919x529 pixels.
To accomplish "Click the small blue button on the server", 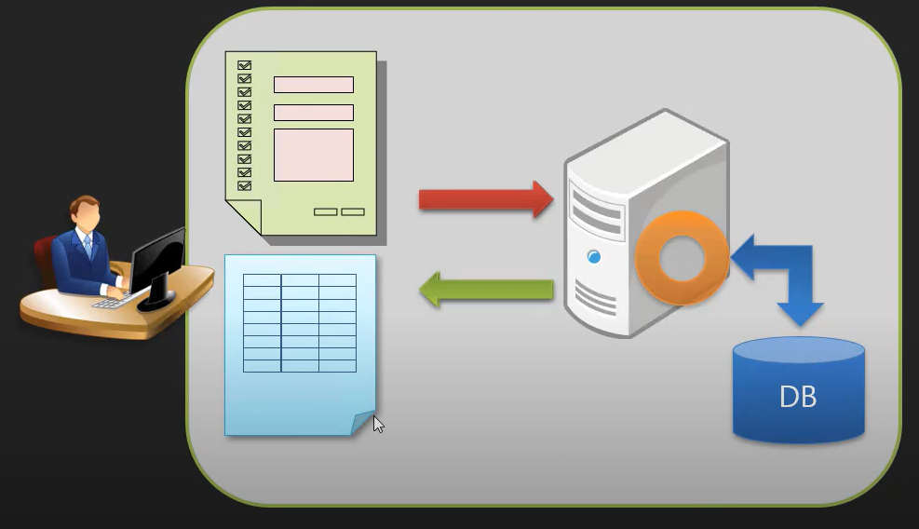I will (x=593, y=256).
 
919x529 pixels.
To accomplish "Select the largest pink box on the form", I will (x=313, y=155).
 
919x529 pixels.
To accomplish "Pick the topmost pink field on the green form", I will (x=313, y=85).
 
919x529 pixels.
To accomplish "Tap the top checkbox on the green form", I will (x=245, y=65).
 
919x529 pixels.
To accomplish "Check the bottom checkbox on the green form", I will (x=245, y=186).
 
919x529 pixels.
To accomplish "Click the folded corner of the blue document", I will (x=363, y=423).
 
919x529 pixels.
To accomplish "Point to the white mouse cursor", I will (x=378, y=425).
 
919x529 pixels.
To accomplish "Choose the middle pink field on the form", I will (x=313, y=113).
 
